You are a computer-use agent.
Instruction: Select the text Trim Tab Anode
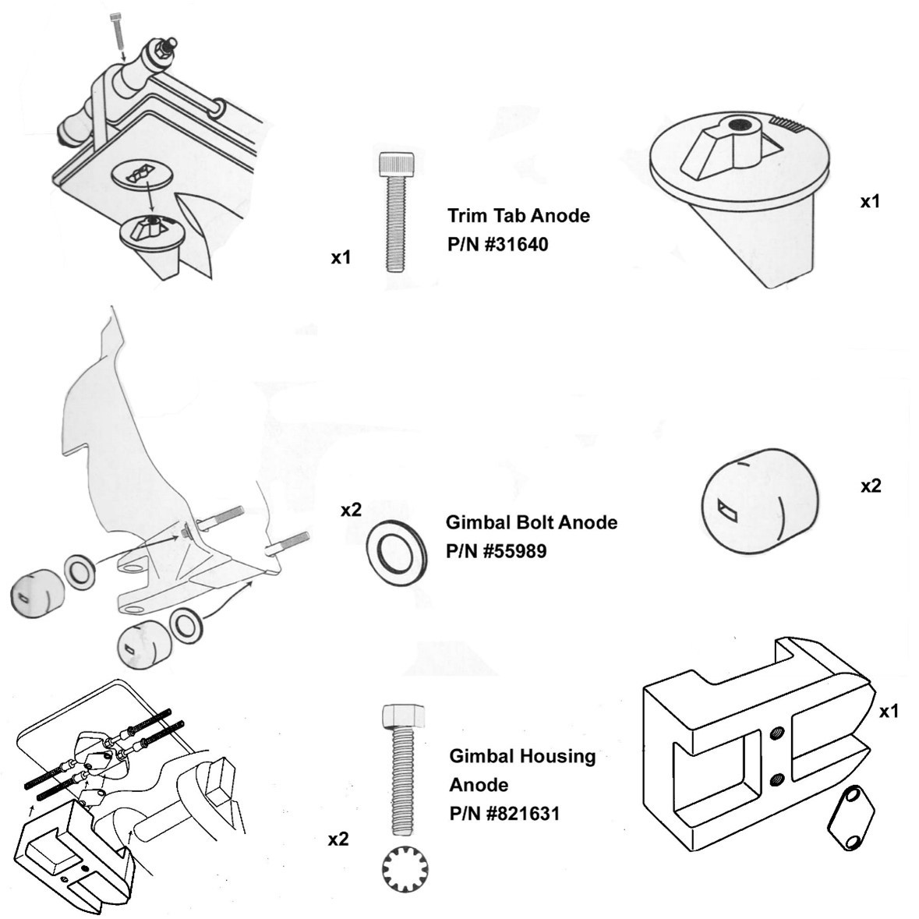pos(518,215)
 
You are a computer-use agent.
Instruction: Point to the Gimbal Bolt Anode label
pos(531,522)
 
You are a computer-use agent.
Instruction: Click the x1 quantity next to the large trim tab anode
pos(870,201)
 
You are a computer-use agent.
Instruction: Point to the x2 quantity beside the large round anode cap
pos(870,486)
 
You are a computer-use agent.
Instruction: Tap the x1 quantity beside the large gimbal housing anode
pos(889,711)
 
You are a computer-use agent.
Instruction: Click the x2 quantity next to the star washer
pos(338,839)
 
